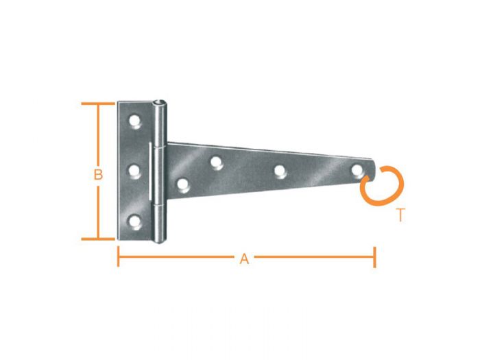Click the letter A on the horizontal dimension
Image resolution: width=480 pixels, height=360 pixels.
pyautogui.click(x=243, y=259)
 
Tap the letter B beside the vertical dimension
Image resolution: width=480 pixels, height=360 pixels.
pyautogui.click(x=98, y=175)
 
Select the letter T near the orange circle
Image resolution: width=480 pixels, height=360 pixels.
pyautogui.click(x=400, y=215)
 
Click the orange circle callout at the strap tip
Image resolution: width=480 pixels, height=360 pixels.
pyautogui.click(x=383, y=185)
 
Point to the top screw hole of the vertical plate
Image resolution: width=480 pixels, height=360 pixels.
pyautogui.click(x=135, y=123)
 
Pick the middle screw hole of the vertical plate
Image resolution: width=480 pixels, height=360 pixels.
pyautogui.click(x=135, y=171)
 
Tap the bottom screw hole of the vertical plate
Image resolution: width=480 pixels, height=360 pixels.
pyautogui.click(x=135, y=221)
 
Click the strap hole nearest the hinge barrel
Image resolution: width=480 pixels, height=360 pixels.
pyautogui.click(x=182, y=184)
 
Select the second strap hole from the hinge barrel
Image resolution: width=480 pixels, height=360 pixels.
pyautogui.click(x=216, y=162)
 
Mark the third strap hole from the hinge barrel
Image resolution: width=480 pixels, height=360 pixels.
pyautogui.click(x=280, y=171)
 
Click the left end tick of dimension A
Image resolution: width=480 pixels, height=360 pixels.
pyautogui.click(x=119, y=258)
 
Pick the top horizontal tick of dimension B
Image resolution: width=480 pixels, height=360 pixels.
pyautogui.click(x=97, y=104)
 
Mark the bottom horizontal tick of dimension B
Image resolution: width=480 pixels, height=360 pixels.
pyautogui.click(x=97, y=239)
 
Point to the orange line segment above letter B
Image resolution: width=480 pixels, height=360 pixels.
pyautogui.click(x=98, y=134)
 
